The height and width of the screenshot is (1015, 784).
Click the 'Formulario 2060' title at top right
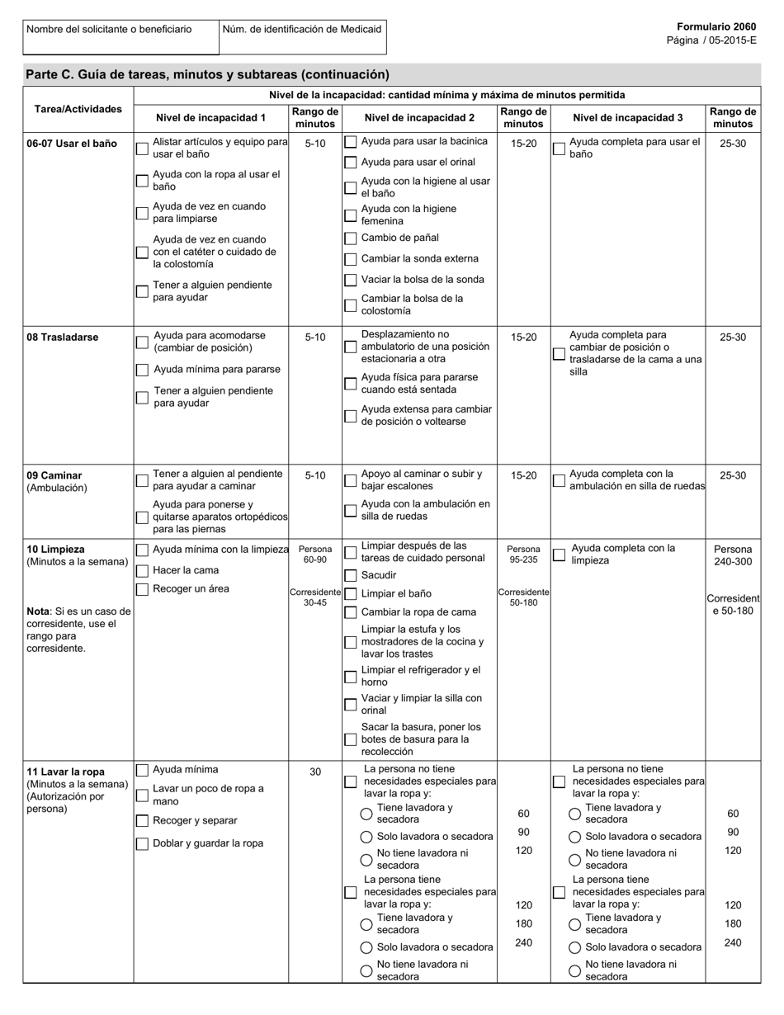pos(716,27)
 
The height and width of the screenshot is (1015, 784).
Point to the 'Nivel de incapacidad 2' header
pos(419,118)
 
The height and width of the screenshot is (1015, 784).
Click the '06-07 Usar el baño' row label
pos(72,144)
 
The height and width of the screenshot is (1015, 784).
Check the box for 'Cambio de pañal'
pos(351,238)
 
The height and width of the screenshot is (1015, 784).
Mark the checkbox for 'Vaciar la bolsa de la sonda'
pos(351,281)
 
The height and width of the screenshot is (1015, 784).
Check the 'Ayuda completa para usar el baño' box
pos(559,149)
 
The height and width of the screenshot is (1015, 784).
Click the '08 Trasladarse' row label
pos(63,338)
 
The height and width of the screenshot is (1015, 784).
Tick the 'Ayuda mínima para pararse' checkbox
pos(142,371)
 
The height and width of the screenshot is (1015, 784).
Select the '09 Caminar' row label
pos(54,475)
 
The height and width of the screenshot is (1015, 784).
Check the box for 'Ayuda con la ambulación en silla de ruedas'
pos(351,511)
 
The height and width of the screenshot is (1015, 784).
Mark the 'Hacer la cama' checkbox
pos(142,571)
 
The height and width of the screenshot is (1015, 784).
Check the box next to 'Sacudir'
pos(351,575)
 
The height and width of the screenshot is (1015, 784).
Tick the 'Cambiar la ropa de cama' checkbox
pos(351,612)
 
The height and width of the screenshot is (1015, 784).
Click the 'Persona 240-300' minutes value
pos(733,555)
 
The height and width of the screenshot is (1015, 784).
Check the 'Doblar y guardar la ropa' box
pos(142,844)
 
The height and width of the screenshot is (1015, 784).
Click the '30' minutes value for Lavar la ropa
pos(315,772)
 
